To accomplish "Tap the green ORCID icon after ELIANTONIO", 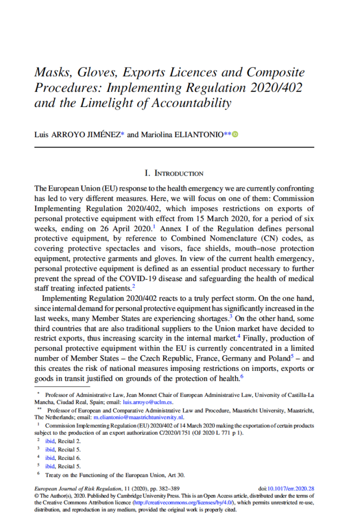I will pyautogui.click(x=235, y=135).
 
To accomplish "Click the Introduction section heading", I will pyautogui.click(x=174, y=173).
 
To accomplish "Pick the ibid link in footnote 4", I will pyautogui.click(x=49, y=458).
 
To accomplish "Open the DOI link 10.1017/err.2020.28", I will pyautogui.click(x=294, y=489).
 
